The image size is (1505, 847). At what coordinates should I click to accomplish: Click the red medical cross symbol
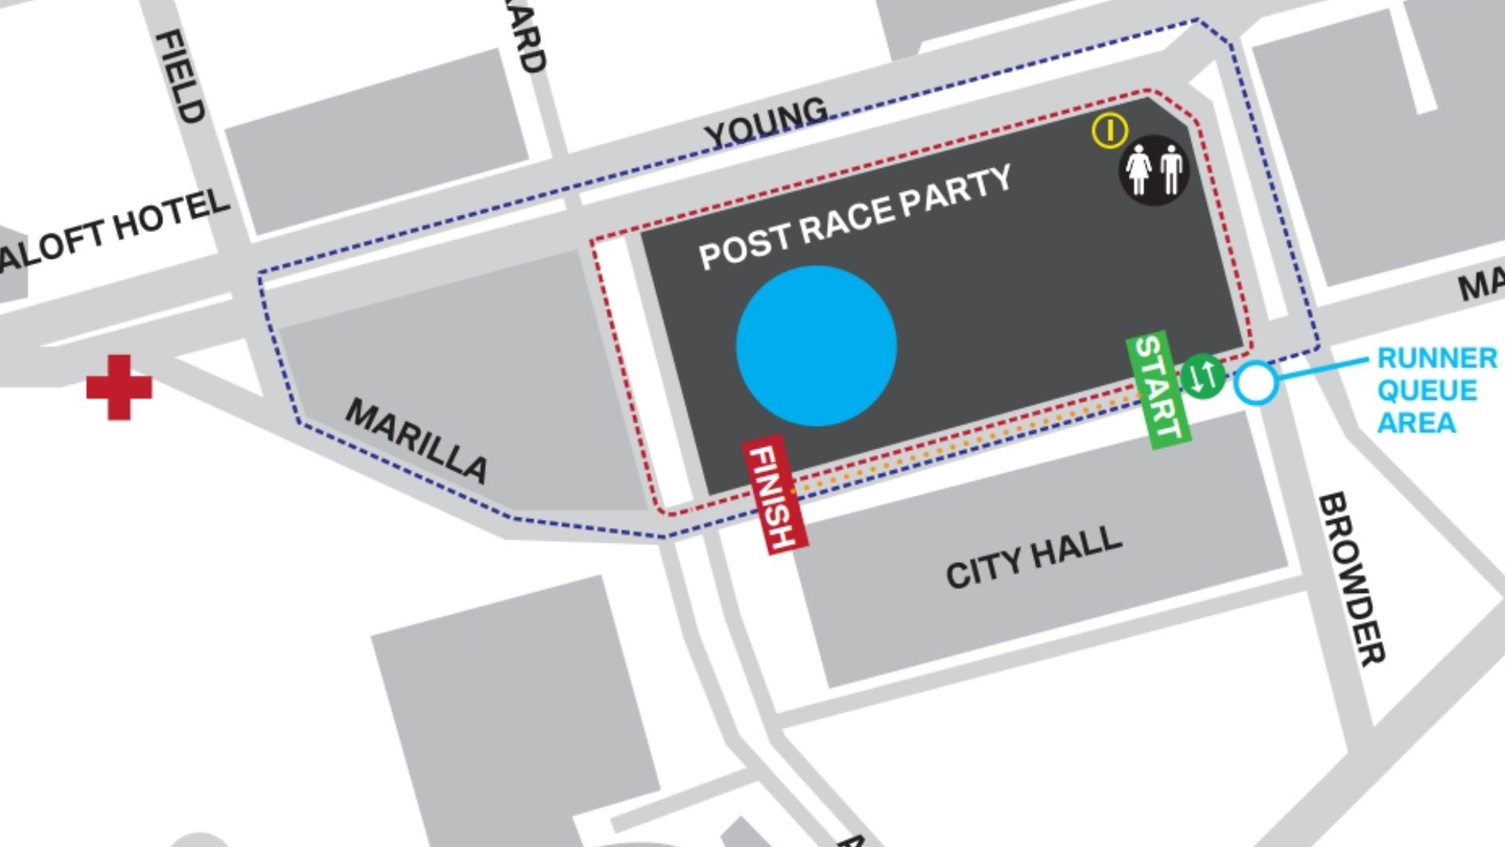pos(119,387)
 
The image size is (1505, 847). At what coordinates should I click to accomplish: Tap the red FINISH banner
pos(774,495)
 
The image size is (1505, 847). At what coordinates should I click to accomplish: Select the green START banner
pos(1159,390)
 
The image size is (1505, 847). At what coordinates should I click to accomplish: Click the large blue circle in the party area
pos(816,346)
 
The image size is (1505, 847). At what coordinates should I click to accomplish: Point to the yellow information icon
pos(1110,130)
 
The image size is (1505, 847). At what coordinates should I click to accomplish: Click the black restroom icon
pos(1153,170)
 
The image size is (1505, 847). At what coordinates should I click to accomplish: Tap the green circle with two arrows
pos(1202,376)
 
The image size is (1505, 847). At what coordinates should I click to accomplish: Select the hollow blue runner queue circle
pos(1256,384)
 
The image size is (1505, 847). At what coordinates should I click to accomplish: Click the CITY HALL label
pos(1034,556)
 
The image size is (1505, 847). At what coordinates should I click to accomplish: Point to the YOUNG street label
pos(766,122)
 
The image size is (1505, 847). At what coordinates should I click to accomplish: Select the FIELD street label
pos(181,76)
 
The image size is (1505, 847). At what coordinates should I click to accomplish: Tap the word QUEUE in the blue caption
pos(1427,391)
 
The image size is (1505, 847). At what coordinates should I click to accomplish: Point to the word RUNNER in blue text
pos(1437,358)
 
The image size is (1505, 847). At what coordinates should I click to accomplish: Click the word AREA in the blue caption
pos(1416,423)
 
